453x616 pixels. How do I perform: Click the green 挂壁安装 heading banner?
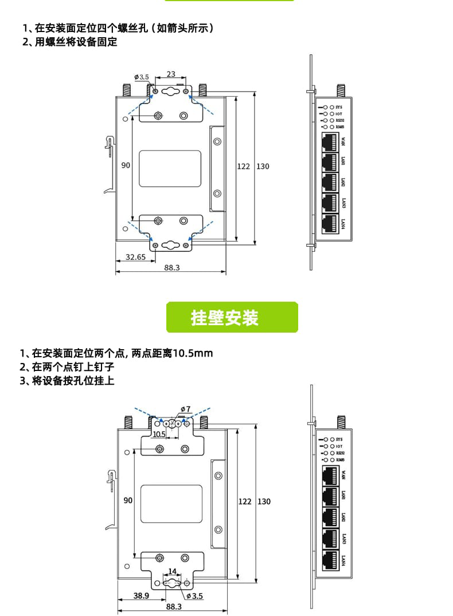click(232, 317)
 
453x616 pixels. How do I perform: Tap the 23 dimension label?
click(171, 74)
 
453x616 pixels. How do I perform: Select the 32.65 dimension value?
click(135, 257)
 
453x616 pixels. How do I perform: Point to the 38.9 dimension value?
click(142, 595)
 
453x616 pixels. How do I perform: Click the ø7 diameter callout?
click(185, 409)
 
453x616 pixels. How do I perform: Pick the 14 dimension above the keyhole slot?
click(172, 571)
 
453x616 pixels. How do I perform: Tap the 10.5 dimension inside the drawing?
click(159, 434)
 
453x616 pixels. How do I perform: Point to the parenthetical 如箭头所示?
click(182, 28)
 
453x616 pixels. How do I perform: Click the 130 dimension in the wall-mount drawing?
click(263, 502)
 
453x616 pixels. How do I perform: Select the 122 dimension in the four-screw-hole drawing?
click(244, 167)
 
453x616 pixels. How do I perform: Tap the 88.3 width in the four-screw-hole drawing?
click(172, 268)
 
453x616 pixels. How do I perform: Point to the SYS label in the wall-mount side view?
click(340, 439)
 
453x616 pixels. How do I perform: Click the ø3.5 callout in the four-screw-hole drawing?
click(142, 77)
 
